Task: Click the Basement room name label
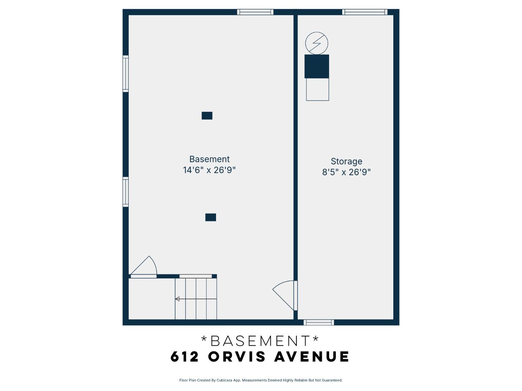tap(209, 159)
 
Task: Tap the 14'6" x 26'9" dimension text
tap(209, 170)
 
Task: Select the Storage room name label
tap(346, 161)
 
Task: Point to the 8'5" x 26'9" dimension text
tap(346, 172)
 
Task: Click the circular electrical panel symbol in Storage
tap(316, 43)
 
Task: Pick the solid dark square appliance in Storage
tap(316, 66)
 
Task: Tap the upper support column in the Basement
tap(207, 115)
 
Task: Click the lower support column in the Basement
tap(211, 217)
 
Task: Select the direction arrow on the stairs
tap(178, 299)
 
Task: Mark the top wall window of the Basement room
tap(255, 12)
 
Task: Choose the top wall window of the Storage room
tap(365, 12)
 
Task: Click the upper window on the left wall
tap(125, 73)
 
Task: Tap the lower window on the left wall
tap(125, 192)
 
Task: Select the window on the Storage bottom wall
tap(319, 323)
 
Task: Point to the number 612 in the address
tap(185, 357)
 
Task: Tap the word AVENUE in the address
tap(312, 357)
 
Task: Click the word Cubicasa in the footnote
tap(224, 381)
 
